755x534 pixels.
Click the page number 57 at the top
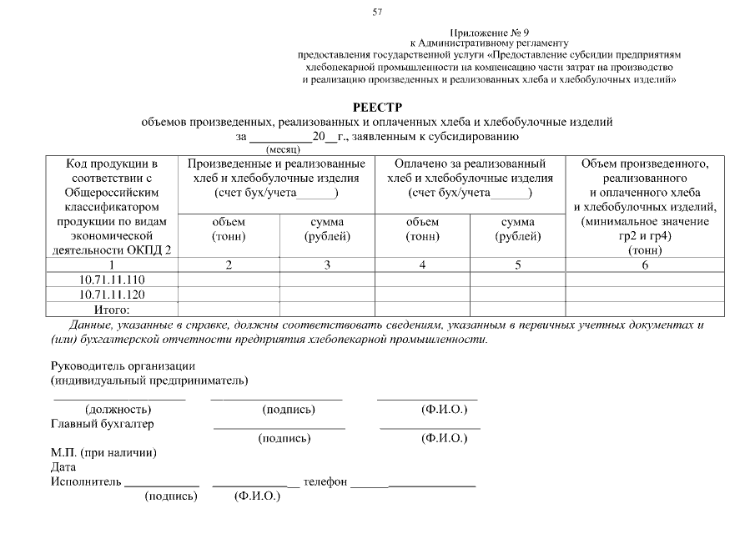click(377, 13)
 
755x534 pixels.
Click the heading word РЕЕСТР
click(377, 107)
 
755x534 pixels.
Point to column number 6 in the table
click(644, 264)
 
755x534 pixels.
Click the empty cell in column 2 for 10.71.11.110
click(228, 280)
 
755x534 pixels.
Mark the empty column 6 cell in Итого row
click(644, 310)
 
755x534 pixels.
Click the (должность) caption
click(118, 410)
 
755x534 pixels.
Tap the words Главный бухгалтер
click(103, 424)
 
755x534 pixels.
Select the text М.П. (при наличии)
click(104, 453)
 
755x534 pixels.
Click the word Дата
click(63, 467)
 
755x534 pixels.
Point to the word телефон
click(325, 482)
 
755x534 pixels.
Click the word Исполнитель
click(86, 482)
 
